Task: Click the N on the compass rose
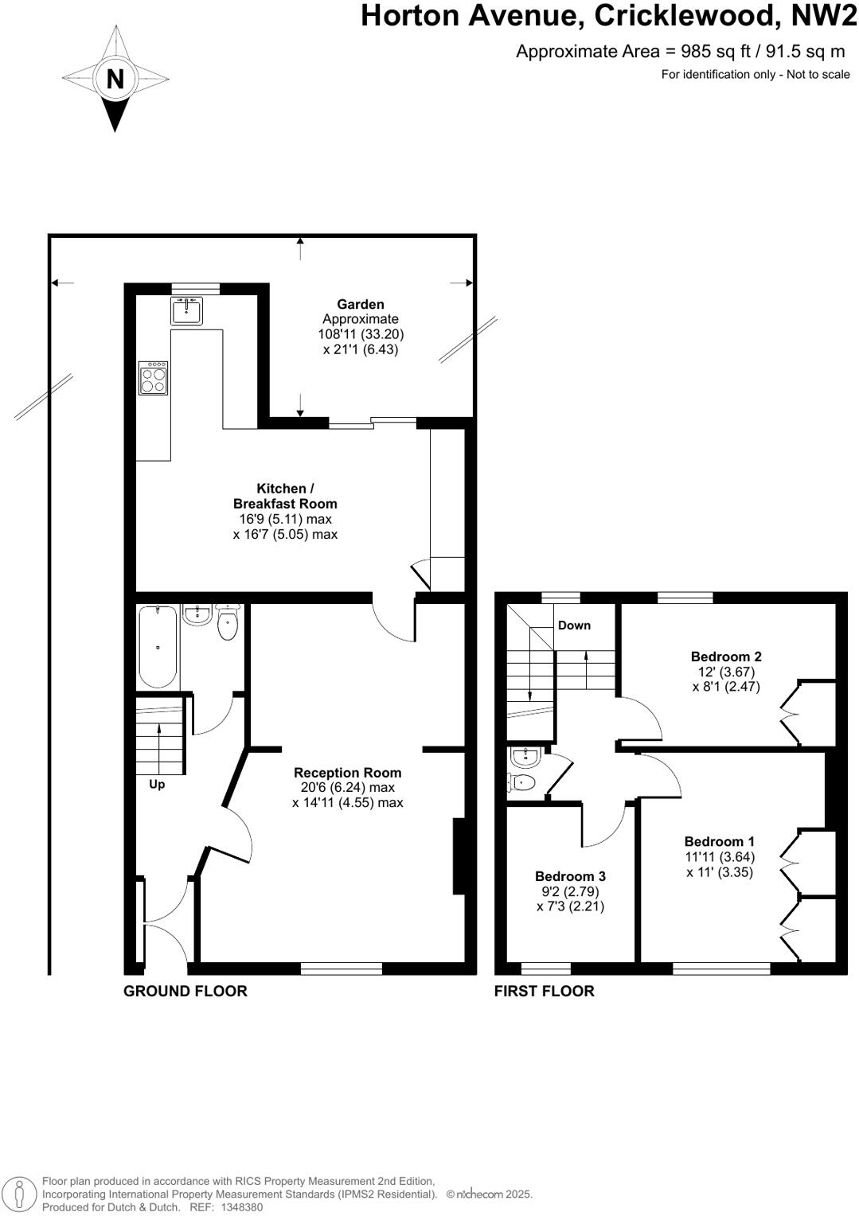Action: tap(115, 79)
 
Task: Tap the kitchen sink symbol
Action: tap(187, 310)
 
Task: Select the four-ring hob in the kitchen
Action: tap(154, 378)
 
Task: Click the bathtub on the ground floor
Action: tap(158, 646)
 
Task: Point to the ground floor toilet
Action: tap(228, 623)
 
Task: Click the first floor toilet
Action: tap(521, 782)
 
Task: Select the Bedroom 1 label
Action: tap(719, 841)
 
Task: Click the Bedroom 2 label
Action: tap(726, 657)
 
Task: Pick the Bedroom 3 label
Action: tap(570, 876)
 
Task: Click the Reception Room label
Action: tap(347, 772)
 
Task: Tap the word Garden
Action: tap(360, 304)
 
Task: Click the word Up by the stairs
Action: tap(157, 784)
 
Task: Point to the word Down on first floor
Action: tap(574, 625)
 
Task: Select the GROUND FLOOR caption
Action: tap(185, 991)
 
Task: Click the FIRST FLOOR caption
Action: tap(544, 991)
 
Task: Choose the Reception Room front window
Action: tap(341, 969)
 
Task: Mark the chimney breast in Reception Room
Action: tap(459, 856)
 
